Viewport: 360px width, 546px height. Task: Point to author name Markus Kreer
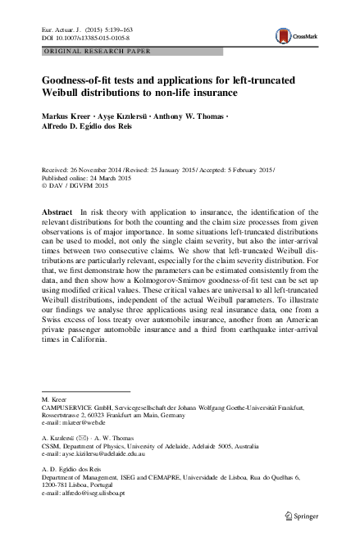66,117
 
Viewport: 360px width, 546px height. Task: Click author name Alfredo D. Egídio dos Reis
89,128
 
